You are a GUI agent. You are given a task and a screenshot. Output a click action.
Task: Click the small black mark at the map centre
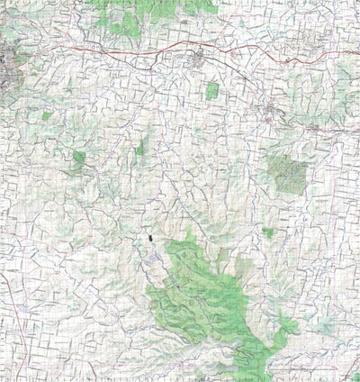[148, 238]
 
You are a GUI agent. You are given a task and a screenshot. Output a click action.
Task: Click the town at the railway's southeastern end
[274, 112]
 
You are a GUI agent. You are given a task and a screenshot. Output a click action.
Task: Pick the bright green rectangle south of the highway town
[212, 91]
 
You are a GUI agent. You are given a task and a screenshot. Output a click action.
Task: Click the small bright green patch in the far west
[79, 159]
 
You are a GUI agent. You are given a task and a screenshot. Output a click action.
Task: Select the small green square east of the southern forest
[268, 232]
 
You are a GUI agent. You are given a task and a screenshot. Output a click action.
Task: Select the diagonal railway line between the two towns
[238, 86]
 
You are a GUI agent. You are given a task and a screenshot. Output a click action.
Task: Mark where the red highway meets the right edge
[357, 51]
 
